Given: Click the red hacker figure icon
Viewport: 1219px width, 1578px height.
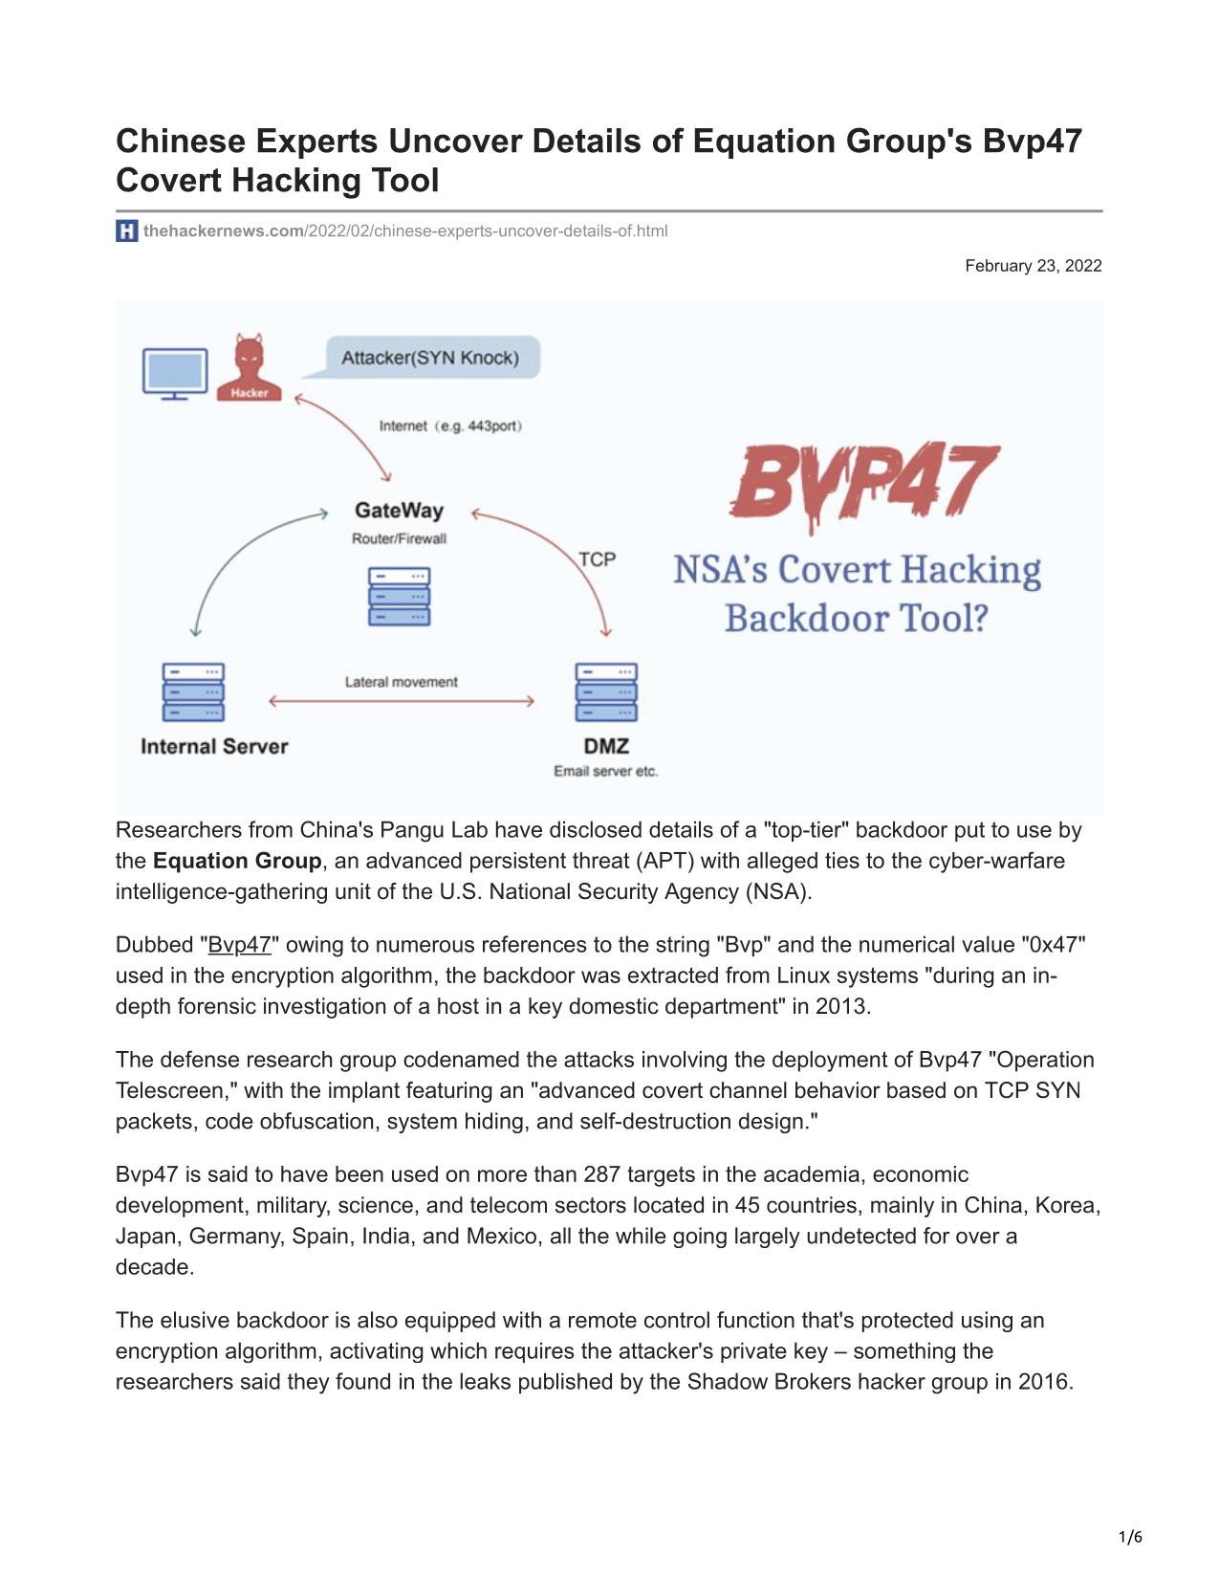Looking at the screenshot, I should [x=249, y=367].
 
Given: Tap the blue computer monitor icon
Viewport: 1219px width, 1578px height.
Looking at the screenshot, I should [x=175, y=373].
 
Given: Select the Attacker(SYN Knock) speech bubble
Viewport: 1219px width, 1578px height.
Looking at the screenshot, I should [x=430, y=358].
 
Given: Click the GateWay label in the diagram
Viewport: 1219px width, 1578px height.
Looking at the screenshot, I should [x=399, y=511].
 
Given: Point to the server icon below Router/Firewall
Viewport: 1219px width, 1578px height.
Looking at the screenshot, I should [x=399, y=597].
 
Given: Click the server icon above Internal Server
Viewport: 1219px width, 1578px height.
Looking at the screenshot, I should [x=194, y=692].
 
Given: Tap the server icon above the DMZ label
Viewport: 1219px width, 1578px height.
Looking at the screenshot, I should [x=606, y=692].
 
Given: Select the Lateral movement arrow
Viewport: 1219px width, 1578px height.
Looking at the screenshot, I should [x=402, y=702].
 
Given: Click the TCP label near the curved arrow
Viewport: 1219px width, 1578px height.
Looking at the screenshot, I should [x=597, y=559].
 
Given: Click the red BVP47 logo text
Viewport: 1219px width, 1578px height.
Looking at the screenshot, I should [x=862, y=482].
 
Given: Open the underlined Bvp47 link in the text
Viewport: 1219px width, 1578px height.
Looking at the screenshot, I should [x=239, y=945].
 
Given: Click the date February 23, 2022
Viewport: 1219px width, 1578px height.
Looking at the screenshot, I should [x=1033, y=266].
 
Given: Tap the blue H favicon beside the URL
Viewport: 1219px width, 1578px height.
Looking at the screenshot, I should [x=127, y=230].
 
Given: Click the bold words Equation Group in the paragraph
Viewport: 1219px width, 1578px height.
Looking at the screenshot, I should [x=237, y=861].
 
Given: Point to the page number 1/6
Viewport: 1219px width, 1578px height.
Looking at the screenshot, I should [x=1130, y=1537].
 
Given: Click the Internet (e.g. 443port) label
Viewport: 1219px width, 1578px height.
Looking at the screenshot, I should [x=450, y=426].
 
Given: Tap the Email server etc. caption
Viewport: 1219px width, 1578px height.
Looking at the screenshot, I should [x=606, y=771].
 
